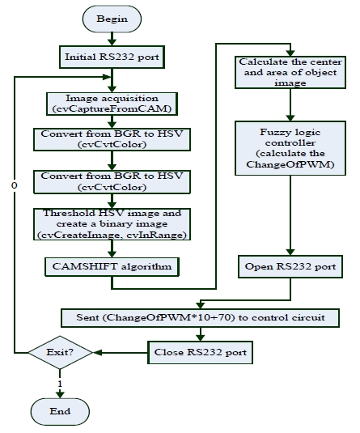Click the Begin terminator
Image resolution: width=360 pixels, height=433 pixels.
[x=112, y=19]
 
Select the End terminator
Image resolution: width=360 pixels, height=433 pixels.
[x=60, y=411]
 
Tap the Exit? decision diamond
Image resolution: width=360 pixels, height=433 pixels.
[x=60, y=352]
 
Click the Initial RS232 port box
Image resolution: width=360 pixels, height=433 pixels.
[x=112, y=57]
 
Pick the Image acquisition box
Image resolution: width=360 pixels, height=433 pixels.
[x=112, y=104]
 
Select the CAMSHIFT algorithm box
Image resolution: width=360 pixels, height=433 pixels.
[x=112, y=267]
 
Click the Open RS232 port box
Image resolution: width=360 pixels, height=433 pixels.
[x=290, y=266]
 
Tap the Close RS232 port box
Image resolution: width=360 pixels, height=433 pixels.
[x=200, y=352]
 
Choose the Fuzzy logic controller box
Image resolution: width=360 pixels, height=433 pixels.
[x=290, y=148]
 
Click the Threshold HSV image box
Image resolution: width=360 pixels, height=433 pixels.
[x=112, y=224]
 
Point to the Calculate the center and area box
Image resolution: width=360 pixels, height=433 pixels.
[x=290, y=72]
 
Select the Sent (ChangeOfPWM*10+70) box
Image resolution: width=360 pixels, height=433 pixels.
[x=200, y=318]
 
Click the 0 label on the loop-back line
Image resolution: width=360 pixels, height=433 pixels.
[x=15, y=185]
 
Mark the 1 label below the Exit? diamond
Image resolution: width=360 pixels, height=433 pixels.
[x=60, y=384]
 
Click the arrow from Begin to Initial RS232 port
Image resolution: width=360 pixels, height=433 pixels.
[x=112, y=39]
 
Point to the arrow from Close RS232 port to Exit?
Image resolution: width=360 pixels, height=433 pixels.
[x=121, y=352]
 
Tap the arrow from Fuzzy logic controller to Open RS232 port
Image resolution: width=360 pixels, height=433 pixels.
[x=290, y=215]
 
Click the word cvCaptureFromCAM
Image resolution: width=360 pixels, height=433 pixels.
[x=112, y=108]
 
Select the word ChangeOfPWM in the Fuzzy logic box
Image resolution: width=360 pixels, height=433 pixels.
[x=288, y=164]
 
